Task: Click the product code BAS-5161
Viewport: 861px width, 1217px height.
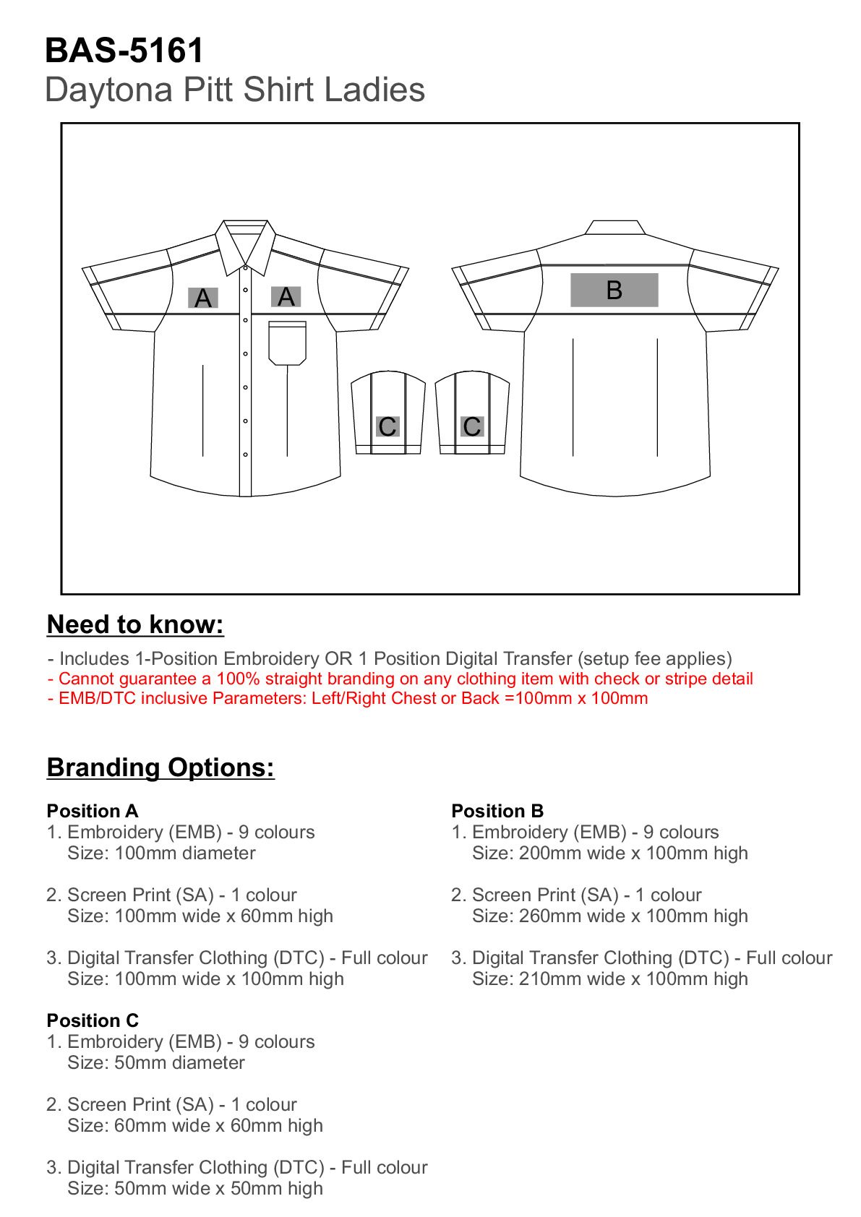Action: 124,51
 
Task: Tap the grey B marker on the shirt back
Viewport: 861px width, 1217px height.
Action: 614,290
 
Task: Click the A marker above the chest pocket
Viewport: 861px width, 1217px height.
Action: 286,296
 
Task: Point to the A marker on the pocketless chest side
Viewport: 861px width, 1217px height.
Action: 203,298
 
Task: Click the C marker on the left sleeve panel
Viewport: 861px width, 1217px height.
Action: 387,426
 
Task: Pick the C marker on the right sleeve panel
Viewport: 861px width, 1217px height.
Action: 472,426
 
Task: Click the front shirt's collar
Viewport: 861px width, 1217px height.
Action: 246,242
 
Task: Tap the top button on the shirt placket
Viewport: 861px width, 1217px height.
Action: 246,269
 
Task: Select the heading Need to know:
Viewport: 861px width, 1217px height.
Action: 135,624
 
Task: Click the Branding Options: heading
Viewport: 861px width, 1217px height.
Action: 160,767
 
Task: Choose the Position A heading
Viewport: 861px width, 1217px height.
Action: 93,811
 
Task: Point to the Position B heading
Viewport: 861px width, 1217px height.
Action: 497,811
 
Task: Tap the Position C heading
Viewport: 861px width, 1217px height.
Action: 93,1020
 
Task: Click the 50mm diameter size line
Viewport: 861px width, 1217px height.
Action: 156,1063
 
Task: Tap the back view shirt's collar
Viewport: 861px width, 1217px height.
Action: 614,227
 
